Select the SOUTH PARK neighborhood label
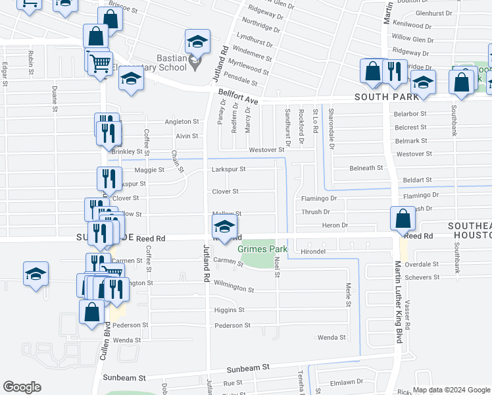pos(386,97)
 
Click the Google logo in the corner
pos(22,387)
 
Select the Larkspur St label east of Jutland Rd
pos(228,169)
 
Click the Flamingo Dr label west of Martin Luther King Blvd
pos(318,197)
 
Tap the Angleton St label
pos(182,122)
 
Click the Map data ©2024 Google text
pos(451,389)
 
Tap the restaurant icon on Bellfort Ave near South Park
pos(394,72)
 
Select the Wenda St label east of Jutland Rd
pos(332,338)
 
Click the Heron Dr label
pos(335,225)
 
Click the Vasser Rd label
pos(408,315)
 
